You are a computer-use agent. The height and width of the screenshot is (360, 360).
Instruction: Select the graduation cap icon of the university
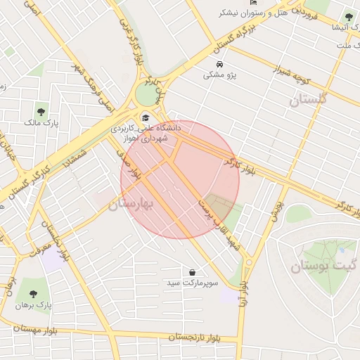pos(146,117)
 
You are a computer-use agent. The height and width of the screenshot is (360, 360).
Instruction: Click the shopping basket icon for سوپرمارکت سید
pos(192,271)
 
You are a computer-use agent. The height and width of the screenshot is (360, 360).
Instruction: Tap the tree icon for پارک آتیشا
pos(349,18)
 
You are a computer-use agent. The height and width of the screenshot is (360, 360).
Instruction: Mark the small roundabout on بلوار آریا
pos(247,263)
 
